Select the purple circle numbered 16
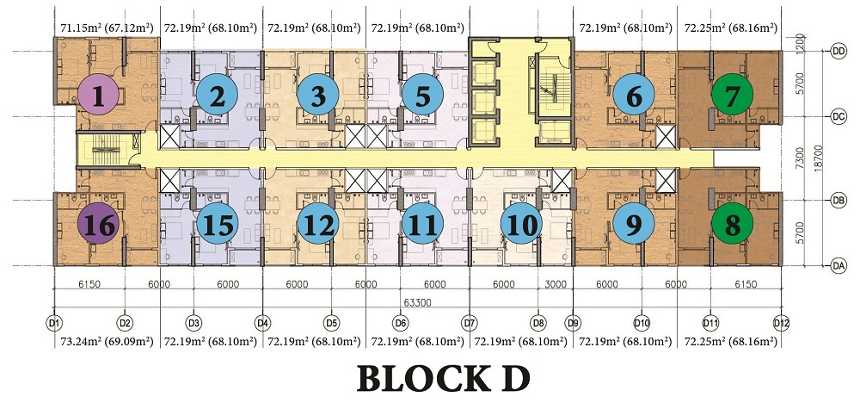click(98, 226)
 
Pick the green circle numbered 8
click(732, 226)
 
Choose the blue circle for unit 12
click(318, 226)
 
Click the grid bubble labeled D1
click(55, 323)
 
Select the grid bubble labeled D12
click(781, 323)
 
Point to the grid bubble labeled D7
click(470, 323)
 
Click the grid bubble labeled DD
click(838, 51)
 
